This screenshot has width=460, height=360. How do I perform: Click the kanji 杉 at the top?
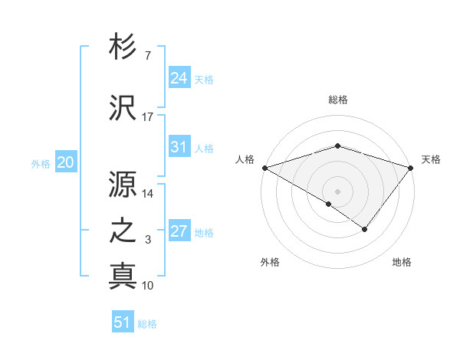(x=123, y=47)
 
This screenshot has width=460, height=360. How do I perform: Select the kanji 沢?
(x=123, y=106)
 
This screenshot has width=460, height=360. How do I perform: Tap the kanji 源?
(x=123, y=185)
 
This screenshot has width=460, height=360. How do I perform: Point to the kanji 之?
(x=123, y=231)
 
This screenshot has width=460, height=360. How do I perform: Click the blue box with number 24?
(x=179, y=77)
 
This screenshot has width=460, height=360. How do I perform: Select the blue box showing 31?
(x=179, y=147)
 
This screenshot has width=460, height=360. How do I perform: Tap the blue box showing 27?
(x=179, y=231)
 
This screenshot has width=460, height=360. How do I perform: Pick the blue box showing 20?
(x=66, y=162)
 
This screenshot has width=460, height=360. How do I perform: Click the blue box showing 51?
(x=123, y=322)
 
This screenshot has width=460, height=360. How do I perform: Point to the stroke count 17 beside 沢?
(x=148, y=117)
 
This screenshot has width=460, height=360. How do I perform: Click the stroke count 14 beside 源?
(x=148, y=194)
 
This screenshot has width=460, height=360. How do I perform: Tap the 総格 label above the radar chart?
(x=337, y=100)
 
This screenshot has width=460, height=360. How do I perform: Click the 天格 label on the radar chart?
(x=431, y=159)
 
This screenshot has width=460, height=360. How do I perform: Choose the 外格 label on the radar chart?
(x=270, y=263)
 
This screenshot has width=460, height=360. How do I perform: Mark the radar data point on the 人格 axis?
(x=264, y=167)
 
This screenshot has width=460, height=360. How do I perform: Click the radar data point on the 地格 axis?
(x=365, y=229)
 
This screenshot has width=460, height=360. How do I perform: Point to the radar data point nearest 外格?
(x=329, y=204)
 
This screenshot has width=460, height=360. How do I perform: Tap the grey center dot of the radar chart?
(x=337, y=191)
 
